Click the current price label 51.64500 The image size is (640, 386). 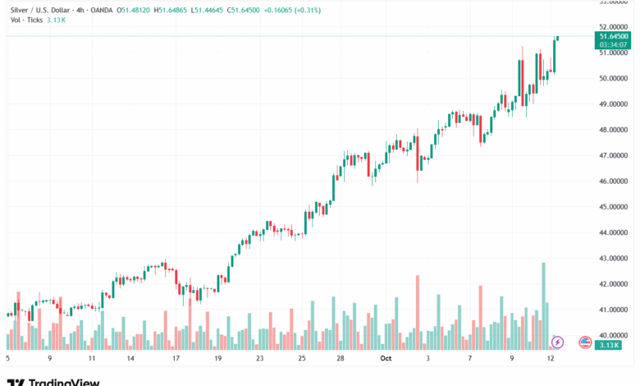tap(614, 37)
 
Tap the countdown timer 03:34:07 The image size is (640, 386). tap(614, 45)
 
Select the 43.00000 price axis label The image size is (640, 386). tap(615, 258)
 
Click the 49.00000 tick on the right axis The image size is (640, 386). tap(615, 104)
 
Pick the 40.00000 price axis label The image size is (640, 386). tap(615, 335)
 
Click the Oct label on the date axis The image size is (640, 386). tap(386, 358)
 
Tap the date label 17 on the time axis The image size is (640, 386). tap(176, 358)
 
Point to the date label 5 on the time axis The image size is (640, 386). tap(7, 358)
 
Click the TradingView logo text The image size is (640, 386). tap(64, 381)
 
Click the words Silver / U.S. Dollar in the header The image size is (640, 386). tap(39, 10)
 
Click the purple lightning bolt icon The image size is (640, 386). tap(558, 342)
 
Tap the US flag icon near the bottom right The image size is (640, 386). tap(585, 342)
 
